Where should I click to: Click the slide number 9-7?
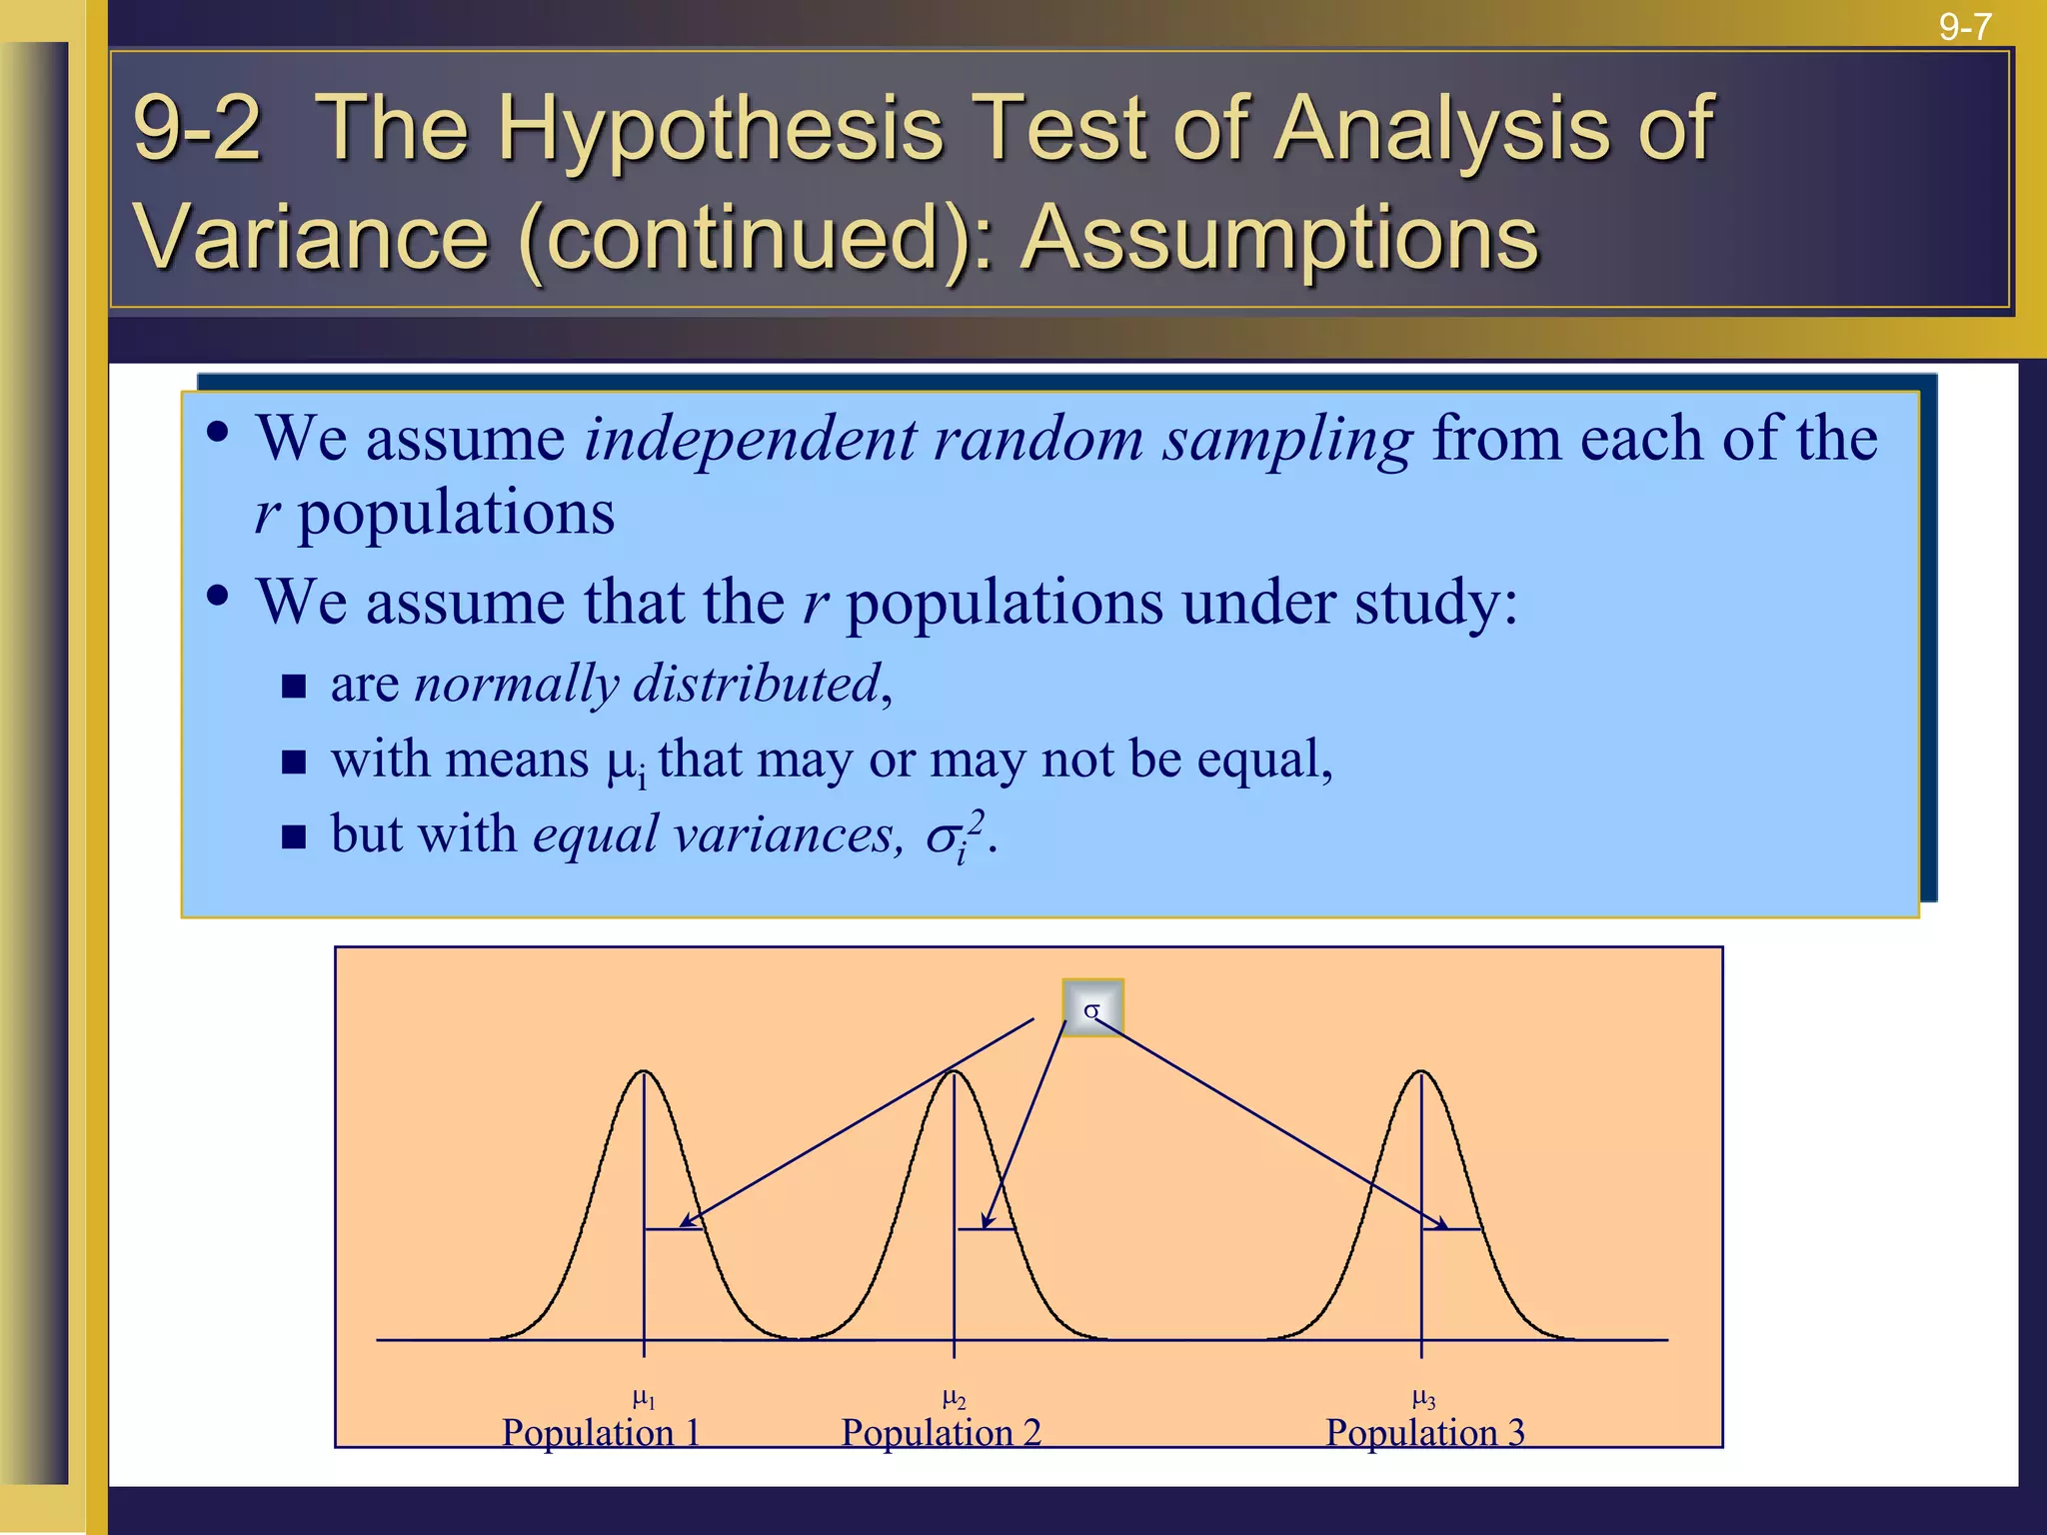tap(1965, 26)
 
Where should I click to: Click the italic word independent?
tap(750, 440)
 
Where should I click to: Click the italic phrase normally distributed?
tap(648, 685)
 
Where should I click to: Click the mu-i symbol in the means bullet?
tap(627, 763)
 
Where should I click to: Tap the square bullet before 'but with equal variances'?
tap(293, 836)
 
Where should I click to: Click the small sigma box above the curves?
tap(1092, 1008)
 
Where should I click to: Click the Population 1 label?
tap(600, 1432)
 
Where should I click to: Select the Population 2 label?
tap(941, 1432)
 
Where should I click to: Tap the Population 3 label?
tap(1424, 1432)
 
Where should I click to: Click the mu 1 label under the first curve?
tap(644, 1398)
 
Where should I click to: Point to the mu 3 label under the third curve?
tap(1423, 1398)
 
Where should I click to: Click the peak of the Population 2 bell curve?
tap(954, 1073)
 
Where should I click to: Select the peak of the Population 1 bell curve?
tap(644, 1073)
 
